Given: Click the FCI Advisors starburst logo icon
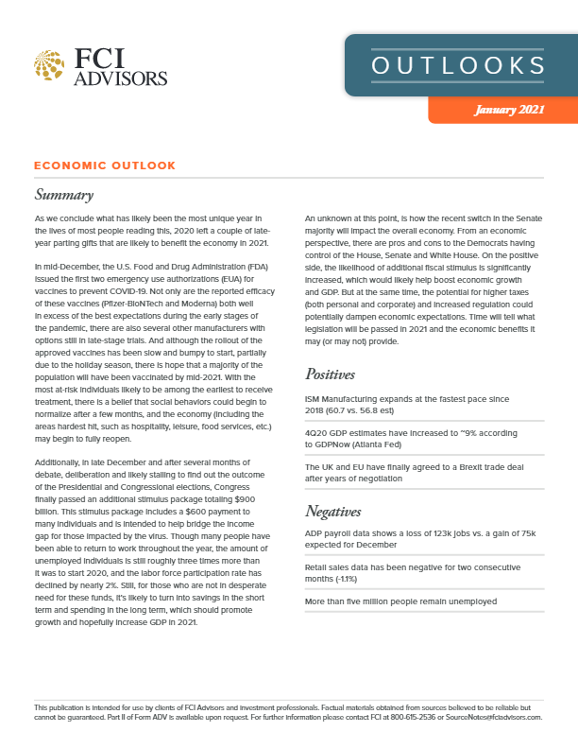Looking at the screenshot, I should (48, 64).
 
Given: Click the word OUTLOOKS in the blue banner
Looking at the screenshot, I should (459, 65).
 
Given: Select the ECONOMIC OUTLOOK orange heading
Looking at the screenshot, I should (104, 165).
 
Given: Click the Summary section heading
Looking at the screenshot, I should (63, 196).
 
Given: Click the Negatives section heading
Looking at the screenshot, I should (339, 512).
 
